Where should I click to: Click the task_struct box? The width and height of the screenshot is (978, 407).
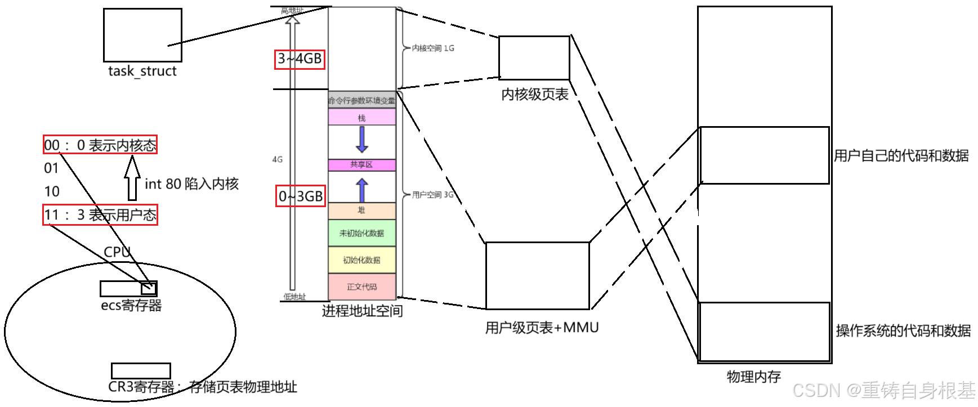point(142,35)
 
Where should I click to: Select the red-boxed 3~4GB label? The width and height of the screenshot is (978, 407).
point(300,59)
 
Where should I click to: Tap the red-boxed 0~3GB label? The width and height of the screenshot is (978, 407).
point(301,196)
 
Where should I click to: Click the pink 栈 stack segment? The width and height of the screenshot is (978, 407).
point(361,117)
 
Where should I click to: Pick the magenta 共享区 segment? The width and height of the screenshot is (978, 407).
point(361,164)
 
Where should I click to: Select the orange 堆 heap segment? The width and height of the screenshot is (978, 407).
point(361,211)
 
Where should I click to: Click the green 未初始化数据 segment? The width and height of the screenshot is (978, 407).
point(361,233)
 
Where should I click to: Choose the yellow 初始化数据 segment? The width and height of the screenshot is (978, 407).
point(361,260)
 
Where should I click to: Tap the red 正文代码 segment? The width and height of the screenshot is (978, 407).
point(361,287)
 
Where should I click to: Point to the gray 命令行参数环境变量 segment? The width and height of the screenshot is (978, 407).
point(361,100)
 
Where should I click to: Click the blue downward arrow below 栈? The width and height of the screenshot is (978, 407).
point(362,140)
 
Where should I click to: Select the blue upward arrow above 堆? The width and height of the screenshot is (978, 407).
point(362,190)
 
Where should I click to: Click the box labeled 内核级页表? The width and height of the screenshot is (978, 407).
point(534,57)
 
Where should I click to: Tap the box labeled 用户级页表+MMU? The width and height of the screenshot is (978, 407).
point(537,275)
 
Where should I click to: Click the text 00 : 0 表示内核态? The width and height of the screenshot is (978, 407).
point(100,145)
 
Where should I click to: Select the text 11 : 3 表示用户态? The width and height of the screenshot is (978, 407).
point(100,214)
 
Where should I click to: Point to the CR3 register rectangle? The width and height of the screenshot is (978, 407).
point(141,370)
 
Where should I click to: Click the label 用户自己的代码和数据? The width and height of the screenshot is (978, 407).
point(901,156)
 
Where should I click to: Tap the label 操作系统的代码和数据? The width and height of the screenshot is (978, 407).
point(903,331)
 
